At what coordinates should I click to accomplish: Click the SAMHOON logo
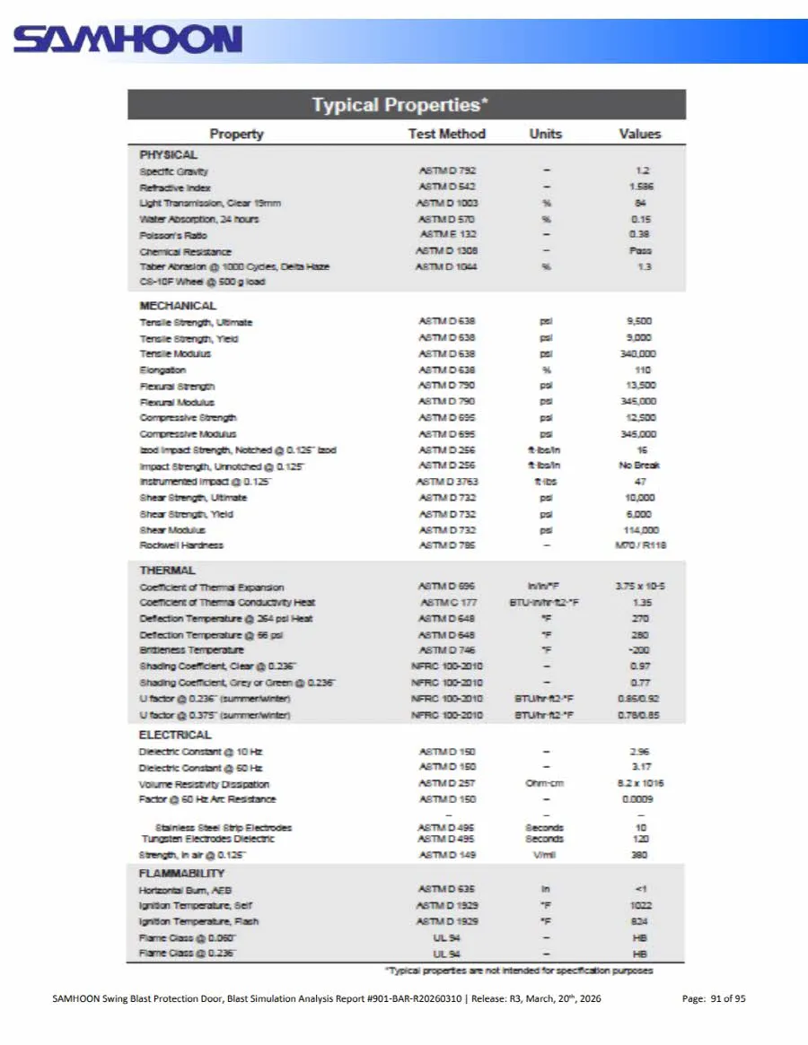(x=127, y=39)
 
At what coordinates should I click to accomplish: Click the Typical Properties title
(x=400, y=105)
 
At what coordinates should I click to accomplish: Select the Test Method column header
(x=446, y=134)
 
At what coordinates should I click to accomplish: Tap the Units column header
(x=545, y=134)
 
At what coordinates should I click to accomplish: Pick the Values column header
(x=639, y=134)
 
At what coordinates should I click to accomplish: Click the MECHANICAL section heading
(x=178, y=305)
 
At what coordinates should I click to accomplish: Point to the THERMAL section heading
(x=168, y=570)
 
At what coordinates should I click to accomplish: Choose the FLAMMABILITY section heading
(x=181, y=873)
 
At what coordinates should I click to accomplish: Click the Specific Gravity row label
(x=174, y=171)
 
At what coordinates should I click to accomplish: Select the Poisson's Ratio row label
(x=173, y=235)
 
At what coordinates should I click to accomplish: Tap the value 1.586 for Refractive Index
(x=641, y=187)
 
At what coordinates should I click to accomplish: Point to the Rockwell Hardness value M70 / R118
(x=641, y=545)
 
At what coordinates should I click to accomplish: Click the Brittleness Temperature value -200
(x=640, y=649)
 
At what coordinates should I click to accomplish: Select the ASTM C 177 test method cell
(x=448, y=603)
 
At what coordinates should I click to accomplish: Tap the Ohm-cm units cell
(x=545, y=783)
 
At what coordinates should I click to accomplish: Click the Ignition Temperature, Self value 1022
(x=641, y=905)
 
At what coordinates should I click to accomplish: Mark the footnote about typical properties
(x=519, y=971)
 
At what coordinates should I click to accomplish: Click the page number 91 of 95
(x=715, y=999)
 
